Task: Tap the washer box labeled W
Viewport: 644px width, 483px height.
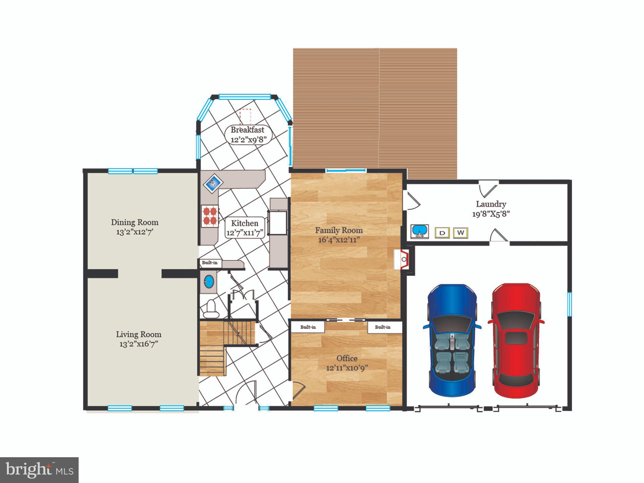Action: click(x=460, y=233)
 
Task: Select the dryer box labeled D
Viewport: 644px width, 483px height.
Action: click(x=442, y=233)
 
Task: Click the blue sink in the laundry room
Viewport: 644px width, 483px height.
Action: click(x=419, y=231)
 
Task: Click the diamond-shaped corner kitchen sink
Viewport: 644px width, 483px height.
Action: click(x=213, y=183)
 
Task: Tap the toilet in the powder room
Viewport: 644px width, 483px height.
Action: click(x=210, y=309)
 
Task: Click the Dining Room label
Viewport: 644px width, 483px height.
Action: click(x=135, y=222)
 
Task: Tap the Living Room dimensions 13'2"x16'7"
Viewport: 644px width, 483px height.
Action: click(x=138, y=344)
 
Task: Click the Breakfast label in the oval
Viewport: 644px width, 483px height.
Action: click(x=247, y=130)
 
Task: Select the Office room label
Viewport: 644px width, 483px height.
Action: click(x=347, y=358)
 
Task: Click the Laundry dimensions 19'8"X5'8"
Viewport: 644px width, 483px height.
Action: click(x=491, y=214)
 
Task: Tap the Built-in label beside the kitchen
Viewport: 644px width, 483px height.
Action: click(x=210, y=263)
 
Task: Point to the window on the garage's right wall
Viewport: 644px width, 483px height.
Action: click(x=569, y=304)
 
